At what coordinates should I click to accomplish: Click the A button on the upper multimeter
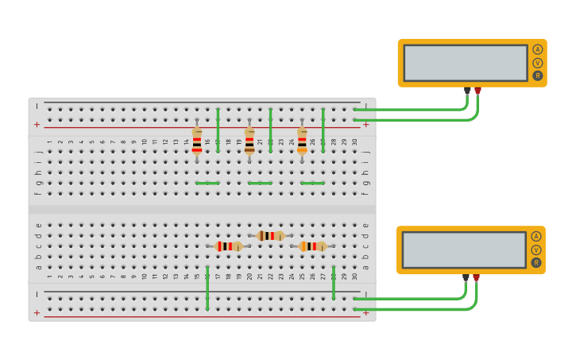pyautogui.click(x=538, y=49)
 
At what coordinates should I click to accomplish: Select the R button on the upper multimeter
pyautogui.click(x=538, y=76)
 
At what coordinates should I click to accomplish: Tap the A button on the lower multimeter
pyautogui.click(x=536, y=236)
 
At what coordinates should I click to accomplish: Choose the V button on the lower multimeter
pyautogui.click(x=536, y=250)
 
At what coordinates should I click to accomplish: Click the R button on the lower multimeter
pyautogui.click(x=536, y=263)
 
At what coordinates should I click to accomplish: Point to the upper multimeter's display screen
pyautogui.click(x=466, y=63)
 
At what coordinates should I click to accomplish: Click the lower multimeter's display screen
pyautogui.click(x=464, y=250)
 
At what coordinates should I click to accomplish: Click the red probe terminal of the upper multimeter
pyautogui.click(x=477, y=91)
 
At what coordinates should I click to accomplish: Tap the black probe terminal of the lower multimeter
pyautogui.click(x=466, y=277)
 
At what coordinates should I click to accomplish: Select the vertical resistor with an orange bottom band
pyautogui.click(x=302, y=141)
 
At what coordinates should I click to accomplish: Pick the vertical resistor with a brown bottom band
pyautogui.click(x=249, y=141)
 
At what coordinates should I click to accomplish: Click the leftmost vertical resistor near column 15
pyautogui.click(x=197, y=141)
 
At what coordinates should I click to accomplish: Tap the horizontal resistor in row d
pyautogui.click(x=271, y=235)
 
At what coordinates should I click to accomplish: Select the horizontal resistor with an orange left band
pyautogui.click(x=313, y=246)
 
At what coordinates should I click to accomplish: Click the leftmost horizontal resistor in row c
pyautogui.click(x=229, y=246)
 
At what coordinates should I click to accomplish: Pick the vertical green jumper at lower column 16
pyautogui.click(x=207, y=288)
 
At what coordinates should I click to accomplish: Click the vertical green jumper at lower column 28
pyautogui.click(x=334, y=283)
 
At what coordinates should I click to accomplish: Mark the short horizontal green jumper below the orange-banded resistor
pyautogui.click(x=312, y=183)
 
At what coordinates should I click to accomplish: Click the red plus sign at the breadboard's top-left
pyautogui.click(x=37, y=125)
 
